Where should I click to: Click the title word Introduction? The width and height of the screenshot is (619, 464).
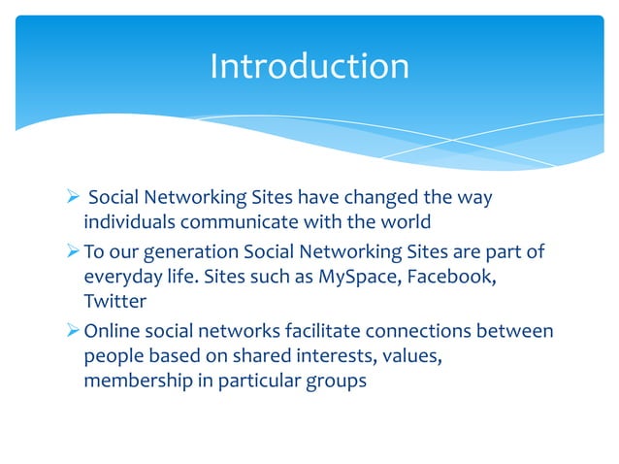pyautogui.click(x=309, y=66)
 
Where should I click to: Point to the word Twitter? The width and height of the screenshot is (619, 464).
pyautogui.click(x=113, y=301)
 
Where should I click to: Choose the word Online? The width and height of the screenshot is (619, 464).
pyautogui.click(x=111, y=331)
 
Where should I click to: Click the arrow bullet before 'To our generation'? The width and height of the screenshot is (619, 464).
pyautogui.click(x=73, y=252)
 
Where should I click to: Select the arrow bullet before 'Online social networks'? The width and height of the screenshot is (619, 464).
pyautogui.click(x=73, y=331)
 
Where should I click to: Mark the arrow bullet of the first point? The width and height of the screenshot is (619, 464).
pyautogui.click(x=73, y=198)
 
